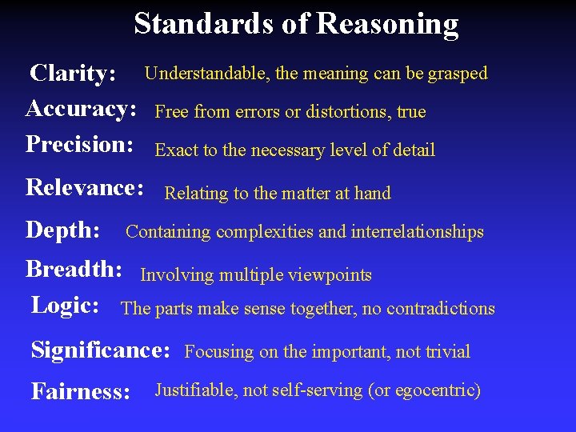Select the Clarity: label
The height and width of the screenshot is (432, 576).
point(73,74)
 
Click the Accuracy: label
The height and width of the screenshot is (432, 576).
point(81,109)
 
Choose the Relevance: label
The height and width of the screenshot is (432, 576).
point(85,188)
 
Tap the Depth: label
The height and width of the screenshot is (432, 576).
point(63,231)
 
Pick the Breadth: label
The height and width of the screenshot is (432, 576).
point(74,270)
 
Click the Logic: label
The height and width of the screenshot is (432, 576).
point(65,306)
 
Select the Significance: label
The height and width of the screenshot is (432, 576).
point(101,350)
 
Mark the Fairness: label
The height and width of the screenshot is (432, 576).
point(81,392)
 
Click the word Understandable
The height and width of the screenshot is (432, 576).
point(206,74)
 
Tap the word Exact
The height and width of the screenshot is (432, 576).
point(176,150)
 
